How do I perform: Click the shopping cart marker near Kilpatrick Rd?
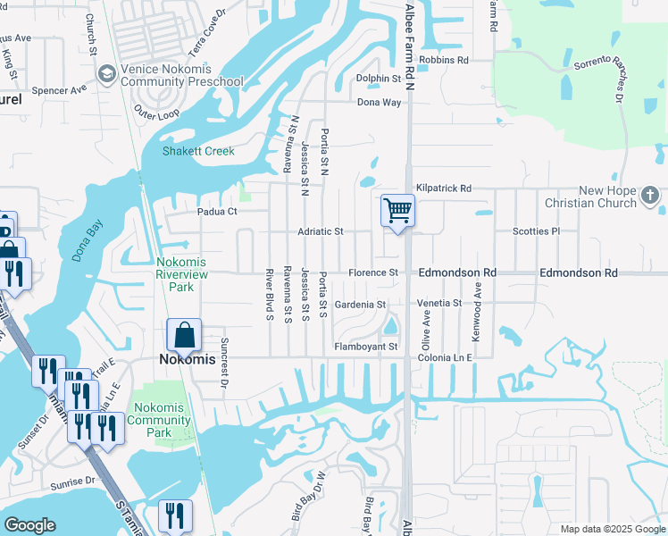click(397, 212)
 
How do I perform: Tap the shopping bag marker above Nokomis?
click(183, 336)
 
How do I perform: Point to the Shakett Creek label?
click(198, 151)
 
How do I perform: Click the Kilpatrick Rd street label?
click(443, 188)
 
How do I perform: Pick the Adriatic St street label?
click(321, 231)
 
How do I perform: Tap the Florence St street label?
click(372, 272)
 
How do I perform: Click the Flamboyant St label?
click(365, 346)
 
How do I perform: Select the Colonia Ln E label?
click(444, 357)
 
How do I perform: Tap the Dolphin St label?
click(379, 80)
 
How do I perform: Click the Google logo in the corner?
click(30, 525)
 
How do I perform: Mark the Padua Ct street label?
click(217, 212)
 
